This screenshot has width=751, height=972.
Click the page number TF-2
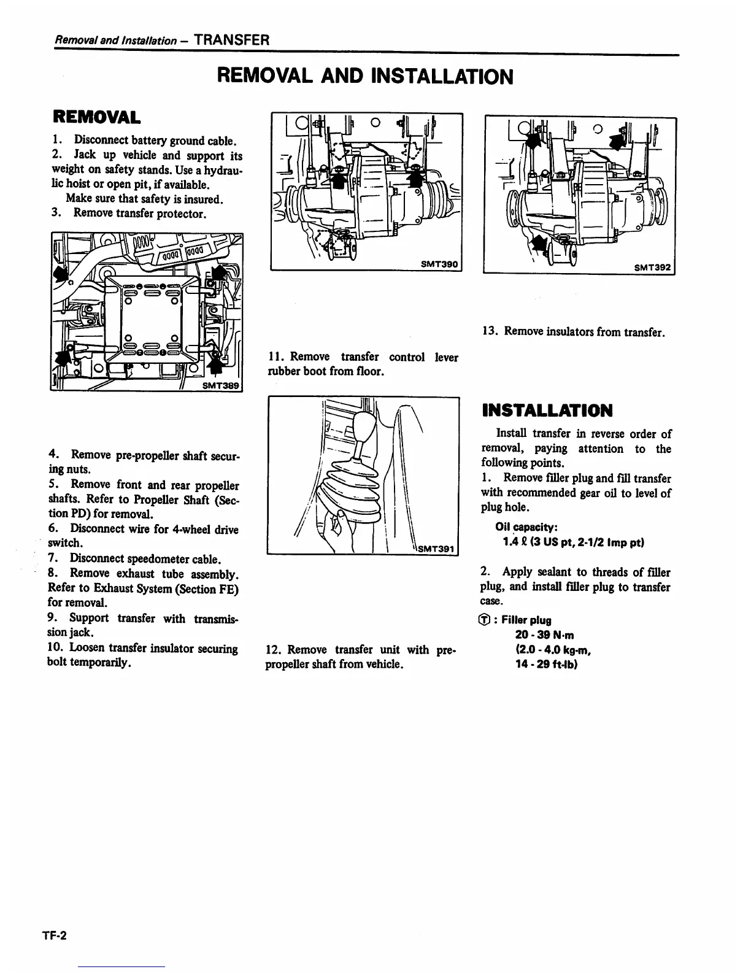point(54,935)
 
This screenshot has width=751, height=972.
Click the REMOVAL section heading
point(96,117)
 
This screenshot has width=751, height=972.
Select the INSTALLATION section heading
point(547,411)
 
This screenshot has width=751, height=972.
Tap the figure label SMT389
point(221,385)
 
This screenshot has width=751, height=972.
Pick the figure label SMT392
point(653,267)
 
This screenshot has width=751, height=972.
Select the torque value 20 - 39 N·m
point(545,635)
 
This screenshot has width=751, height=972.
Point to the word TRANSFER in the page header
point(231,40)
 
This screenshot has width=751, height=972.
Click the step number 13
point(490,332)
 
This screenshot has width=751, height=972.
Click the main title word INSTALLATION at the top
point(442,77)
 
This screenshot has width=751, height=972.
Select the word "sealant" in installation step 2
point(555,573)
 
